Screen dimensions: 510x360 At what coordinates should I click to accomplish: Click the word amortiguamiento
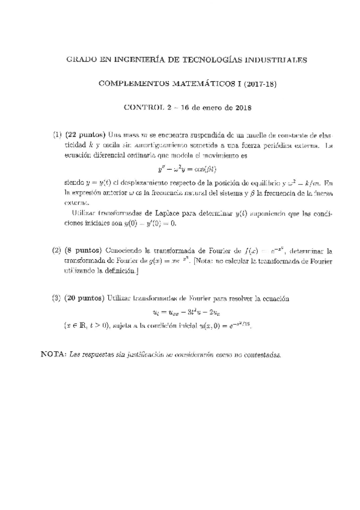(x=143, y=145)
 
